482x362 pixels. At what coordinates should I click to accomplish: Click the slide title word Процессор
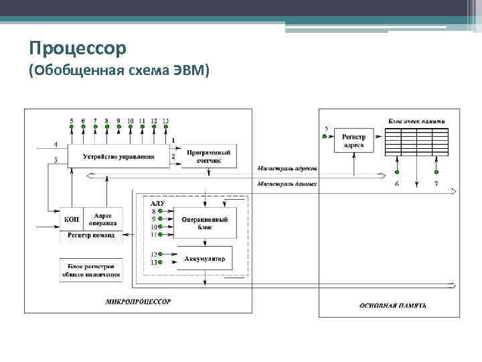tap(78, 49)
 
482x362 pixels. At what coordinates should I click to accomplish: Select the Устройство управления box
tap(118, 157)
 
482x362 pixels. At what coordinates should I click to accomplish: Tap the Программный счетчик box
tap(209, 156)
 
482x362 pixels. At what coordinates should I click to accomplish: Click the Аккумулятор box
tap(204, 259)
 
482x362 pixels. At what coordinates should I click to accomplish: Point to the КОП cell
tap(72, 219)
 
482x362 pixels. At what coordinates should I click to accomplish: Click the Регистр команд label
tap(91, 235)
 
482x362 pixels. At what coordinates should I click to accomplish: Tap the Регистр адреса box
tap(353, 141)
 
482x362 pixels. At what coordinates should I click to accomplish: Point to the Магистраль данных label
tap(287, 183)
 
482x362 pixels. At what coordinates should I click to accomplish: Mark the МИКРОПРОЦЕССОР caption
tap(138, 302)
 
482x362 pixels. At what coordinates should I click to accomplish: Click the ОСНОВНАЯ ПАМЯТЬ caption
tap(393, 306)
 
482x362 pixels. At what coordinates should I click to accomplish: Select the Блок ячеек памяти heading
tap(416, 121)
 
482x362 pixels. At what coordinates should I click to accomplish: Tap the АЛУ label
tap(158, 202)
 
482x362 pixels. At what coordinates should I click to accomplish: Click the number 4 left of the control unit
tap(55, 145)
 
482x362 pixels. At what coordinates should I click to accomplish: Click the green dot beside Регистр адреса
tap(325, 136)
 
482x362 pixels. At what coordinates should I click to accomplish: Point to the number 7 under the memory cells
tap(436, 184)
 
